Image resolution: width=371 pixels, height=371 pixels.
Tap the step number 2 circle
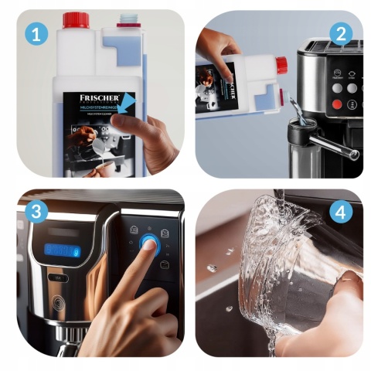tap(339, 33)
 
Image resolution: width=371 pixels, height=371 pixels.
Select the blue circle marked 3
tap(33, 211)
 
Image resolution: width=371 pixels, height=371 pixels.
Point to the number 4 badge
tap(339, 211)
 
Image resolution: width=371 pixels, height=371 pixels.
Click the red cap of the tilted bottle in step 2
tap(281, 66)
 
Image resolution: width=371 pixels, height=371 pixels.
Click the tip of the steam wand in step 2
tap(355, 155)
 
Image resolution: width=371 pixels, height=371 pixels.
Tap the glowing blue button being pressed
tap(149, 246)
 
